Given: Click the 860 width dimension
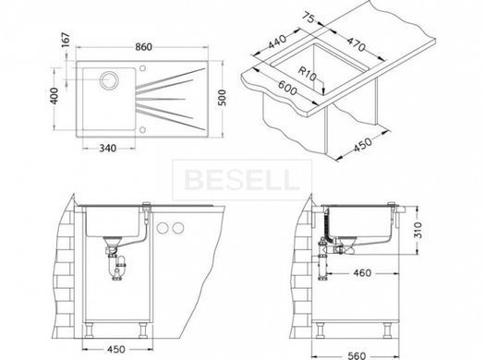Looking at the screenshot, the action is pyautogui.click(x=143, y=47).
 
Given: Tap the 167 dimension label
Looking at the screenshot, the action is pyautogui.click(x=66, y=40).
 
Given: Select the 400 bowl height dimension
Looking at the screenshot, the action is pyautogui.click(x=54, y=96).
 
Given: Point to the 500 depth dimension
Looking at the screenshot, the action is pyautogui.click(x=222, y=98).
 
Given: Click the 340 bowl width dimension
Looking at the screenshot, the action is pyautogui.click(x=108, y=149).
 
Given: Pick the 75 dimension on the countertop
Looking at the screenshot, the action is pyautogui.click(x=309, y=18).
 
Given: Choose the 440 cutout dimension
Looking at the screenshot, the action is pyautogui.click(x=277, y=42).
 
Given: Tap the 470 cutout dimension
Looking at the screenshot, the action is pyautogui.click(x=356, y=44).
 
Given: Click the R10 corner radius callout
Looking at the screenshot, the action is pyautogui.click(x=308, y=74).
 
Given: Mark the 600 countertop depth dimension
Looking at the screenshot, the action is pyautogui.click(x=287, y=89).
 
